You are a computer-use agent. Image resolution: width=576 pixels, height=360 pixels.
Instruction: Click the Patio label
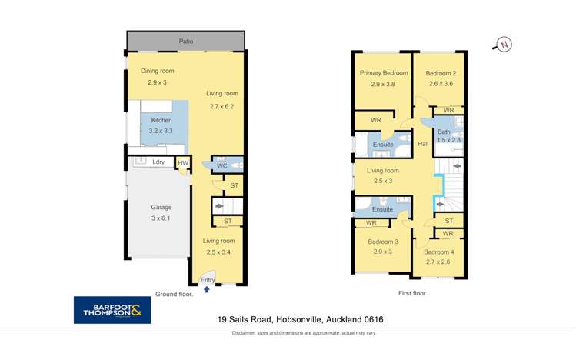pos(186,42)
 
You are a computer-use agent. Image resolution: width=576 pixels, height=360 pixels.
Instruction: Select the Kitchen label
pos(161,120)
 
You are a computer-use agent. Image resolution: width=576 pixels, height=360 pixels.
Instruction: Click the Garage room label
pos(161,207)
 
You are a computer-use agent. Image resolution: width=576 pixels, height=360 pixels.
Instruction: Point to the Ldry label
pos(158,162)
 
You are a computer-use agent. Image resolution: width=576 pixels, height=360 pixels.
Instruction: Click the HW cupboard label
pos(182,162)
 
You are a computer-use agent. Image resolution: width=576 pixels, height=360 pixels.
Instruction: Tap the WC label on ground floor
pos(221,165)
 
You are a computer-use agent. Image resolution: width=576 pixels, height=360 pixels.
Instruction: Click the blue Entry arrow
pos(206,290)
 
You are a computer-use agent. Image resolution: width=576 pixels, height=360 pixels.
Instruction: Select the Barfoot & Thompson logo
pos(112,310)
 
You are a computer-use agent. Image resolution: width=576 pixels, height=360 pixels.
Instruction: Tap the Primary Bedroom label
pos(384,73)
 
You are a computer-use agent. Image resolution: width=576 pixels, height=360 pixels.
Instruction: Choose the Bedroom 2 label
pos(441,74)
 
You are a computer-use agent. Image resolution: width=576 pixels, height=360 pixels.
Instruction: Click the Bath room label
pos(444,132)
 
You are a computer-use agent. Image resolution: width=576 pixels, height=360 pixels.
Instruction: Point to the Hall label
pos(423,144)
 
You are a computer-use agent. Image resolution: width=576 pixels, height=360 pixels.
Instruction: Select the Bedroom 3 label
pos(383,242)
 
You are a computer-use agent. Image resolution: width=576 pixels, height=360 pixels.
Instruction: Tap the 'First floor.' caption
pos(413,293)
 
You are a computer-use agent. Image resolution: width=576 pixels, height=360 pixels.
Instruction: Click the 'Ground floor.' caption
pos(175,293)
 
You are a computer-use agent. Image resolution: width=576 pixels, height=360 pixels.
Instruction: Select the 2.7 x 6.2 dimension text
pos(221,106)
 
